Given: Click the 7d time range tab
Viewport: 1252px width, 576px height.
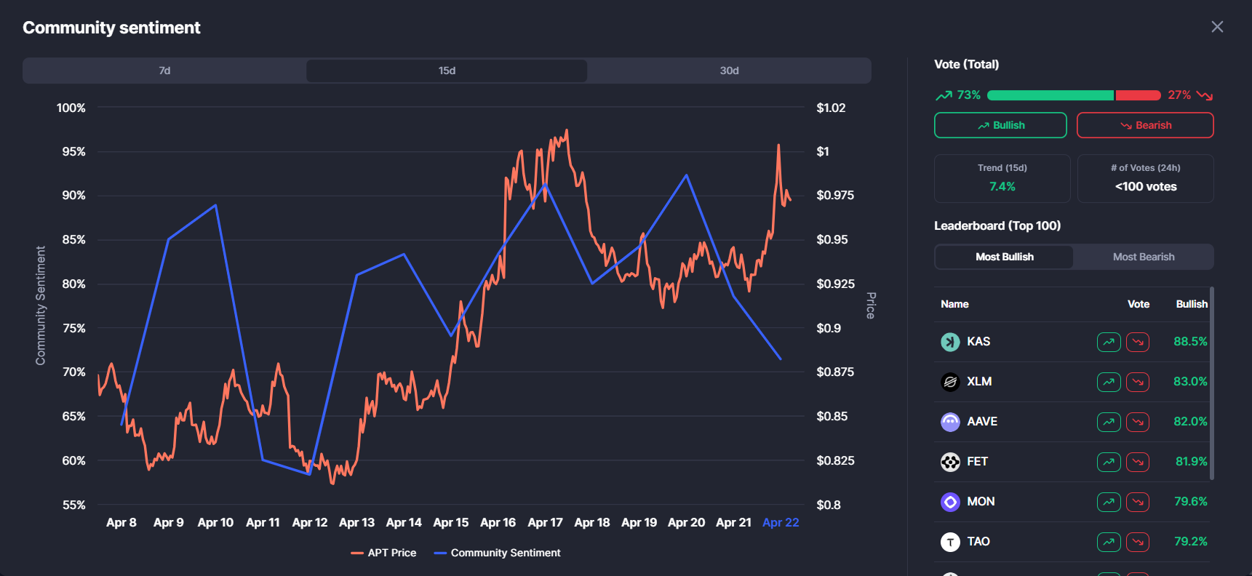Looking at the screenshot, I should (x=164, y=71).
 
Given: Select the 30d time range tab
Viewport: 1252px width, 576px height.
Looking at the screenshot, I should (x=729, y=71).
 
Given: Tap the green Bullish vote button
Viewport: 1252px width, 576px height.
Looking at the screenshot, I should (x=1000, y=125).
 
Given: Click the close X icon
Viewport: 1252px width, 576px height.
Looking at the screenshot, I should (x=1217, y=27).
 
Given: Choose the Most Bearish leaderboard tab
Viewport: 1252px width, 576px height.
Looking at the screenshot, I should (x=1143, y=257).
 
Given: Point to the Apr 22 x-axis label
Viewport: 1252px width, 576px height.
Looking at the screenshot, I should (x=781, y=522).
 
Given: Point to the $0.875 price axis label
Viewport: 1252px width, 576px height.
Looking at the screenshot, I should (x=835, y=372).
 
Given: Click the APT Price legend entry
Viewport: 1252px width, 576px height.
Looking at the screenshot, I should (x=384, y=553).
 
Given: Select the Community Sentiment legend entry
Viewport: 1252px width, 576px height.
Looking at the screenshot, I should (x=498, y=553).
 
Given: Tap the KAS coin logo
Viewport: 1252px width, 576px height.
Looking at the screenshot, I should (x=950, y=342).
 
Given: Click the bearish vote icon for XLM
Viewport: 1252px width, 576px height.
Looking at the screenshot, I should (x=1138, y=382).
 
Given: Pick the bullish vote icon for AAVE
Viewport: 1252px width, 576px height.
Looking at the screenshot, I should (x=1109, y=422).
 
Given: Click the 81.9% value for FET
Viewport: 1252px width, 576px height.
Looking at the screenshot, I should (x=1191, y=461).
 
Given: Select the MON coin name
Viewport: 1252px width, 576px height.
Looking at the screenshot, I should (x=981, y=501).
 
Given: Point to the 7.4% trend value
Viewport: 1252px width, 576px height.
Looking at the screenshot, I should (x=1002, y=187).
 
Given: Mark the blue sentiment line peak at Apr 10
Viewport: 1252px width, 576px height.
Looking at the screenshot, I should (x=215, y=205).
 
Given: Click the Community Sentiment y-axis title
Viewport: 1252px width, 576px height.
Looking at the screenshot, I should (x=41, y=305).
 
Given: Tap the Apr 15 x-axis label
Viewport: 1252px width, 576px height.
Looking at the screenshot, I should (x=451, y=522).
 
